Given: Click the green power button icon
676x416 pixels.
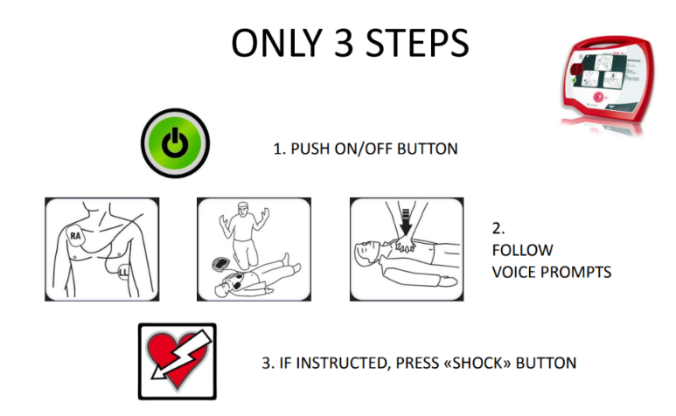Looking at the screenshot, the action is click(x=175, y=143).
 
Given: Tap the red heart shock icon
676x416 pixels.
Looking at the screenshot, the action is click(x=178, y=361).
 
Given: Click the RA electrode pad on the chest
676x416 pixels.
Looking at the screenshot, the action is click(x=76, y=236).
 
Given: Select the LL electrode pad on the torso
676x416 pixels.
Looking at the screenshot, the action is click(x=123, y=272).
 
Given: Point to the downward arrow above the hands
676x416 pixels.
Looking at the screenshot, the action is click(x=406, y=222).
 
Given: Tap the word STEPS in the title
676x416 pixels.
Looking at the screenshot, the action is click(x=417, y=43).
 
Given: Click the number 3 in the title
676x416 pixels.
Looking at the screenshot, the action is click(x=344, y=43).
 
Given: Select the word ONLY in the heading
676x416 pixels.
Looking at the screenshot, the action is click(x=276, y=43).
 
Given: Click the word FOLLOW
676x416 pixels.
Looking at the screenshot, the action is click(x=522, y=250).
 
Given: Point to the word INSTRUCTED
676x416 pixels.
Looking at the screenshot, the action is click(x=343, y=363).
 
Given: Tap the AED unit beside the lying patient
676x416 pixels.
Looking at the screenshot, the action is click(x=221, y=263).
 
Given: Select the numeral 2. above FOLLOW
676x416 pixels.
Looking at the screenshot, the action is click(x=498, y=228).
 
